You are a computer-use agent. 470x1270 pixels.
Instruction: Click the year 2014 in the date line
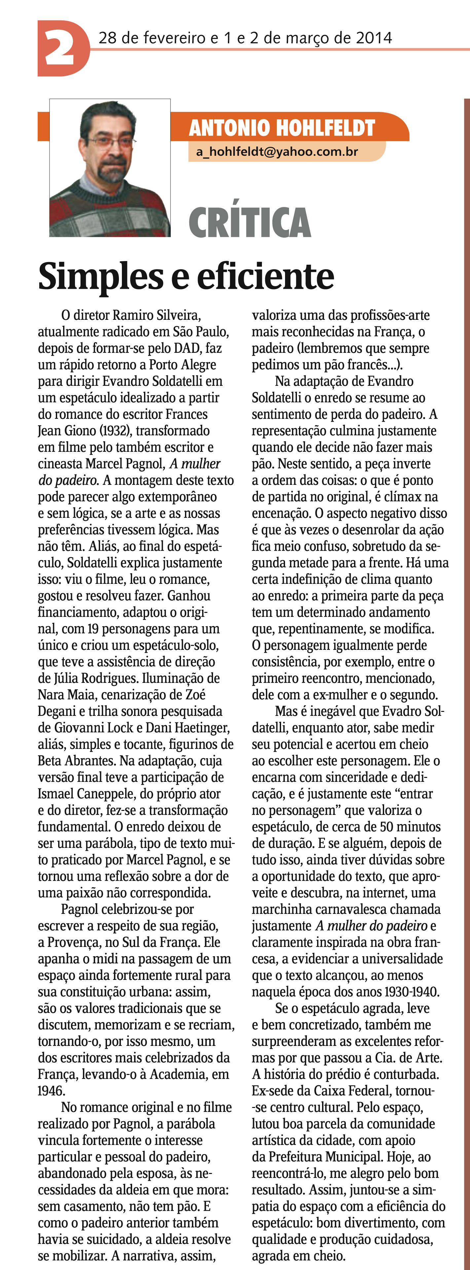[374, 38]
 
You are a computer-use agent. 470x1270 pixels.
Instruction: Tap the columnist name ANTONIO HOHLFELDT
[282, 128]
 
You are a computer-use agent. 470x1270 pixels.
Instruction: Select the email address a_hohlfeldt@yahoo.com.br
[277, 151]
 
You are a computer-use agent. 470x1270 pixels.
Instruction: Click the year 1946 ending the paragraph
[50, 1090]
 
